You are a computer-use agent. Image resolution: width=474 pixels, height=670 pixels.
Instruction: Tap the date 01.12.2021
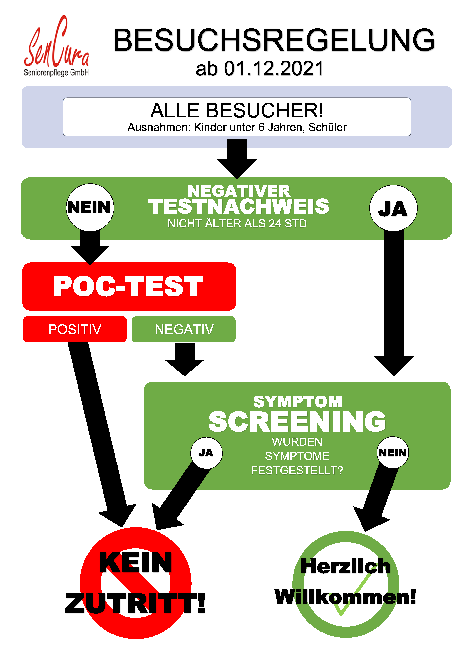(274, 69)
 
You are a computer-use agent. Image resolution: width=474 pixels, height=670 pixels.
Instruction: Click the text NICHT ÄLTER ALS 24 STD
(237, 224)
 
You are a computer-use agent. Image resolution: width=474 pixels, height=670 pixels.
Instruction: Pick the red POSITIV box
(75, 329)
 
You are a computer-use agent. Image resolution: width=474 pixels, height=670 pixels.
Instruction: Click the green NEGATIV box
(184, 329)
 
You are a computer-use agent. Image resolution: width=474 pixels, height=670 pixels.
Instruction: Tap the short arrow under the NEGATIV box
(185, 359)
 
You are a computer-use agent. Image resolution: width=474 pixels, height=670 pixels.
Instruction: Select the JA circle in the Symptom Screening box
(206, 453)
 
